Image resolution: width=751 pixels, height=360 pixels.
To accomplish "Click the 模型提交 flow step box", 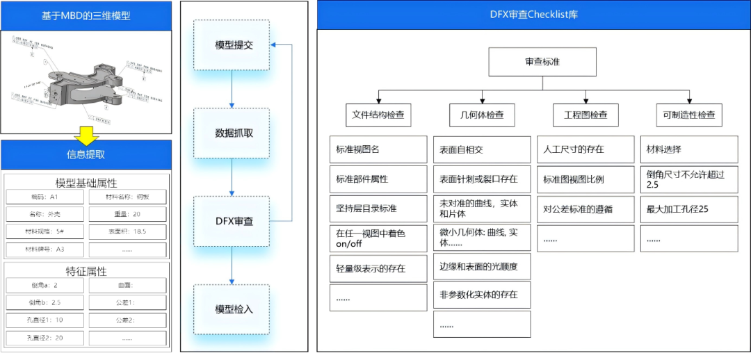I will [x=231, y=45].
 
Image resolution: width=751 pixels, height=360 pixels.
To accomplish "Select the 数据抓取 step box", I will [x=231, y=133].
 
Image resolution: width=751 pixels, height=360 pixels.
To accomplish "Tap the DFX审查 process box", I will [x=231, y=222].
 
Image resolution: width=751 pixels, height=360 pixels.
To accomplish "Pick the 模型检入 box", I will [x=231, y=309].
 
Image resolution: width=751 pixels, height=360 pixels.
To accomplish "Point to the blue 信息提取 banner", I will [x=86, y=155].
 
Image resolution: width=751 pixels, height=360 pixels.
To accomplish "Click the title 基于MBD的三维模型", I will [x=86, y=15].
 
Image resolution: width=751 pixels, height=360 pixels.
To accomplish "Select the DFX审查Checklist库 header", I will [x=533, y=15].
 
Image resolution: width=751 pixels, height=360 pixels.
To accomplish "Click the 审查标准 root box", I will [x=542, y=62].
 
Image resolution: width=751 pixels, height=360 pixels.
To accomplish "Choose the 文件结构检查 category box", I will [x=378, y=115].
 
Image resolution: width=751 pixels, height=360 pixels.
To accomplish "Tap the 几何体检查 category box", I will [x=477, y=115].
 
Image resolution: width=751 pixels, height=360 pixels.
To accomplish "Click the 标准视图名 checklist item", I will [x=378, y=149].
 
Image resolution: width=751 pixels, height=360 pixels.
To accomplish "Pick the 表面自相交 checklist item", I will [x=481, y=149].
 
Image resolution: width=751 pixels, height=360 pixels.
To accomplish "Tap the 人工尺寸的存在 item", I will [x=585, y=149].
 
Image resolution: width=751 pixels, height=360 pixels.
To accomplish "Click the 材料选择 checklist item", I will [x=688, y=149].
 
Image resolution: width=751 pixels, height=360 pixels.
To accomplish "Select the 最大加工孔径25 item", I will [x=688, y=209].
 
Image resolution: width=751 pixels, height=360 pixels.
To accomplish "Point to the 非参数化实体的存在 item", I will [x=481, y=295].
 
